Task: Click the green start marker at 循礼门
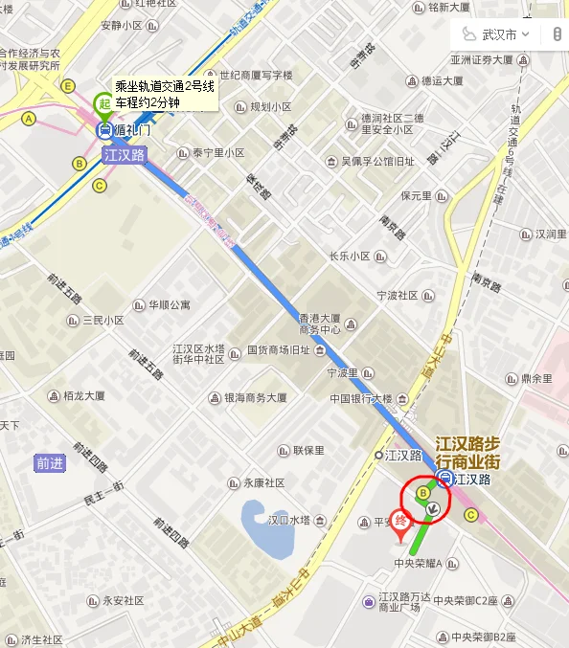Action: [101, 103]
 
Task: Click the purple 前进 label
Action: [50, 463]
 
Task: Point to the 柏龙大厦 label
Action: [84, 395]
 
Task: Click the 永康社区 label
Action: [263, 483]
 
